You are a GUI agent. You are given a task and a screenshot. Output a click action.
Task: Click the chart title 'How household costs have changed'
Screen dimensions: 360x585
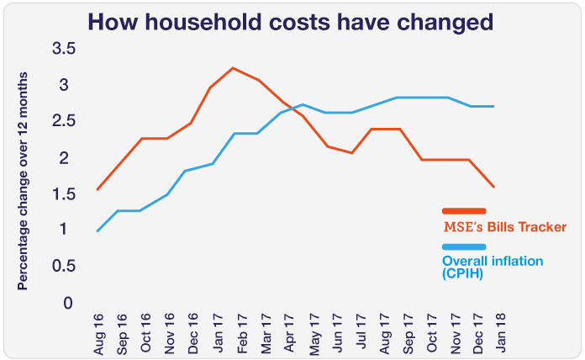(x=292, y=21)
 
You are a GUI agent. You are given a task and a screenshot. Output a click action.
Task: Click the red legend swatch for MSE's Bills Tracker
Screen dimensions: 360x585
(x=464, y=210)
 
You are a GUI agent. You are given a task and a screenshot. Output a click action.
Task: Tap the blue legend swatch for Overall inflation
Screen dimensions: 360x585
(x=464, y=246)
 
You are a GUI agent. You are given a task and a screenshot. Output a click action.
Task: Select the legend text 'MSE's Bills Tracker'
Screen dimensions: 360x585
(x=498, y=227)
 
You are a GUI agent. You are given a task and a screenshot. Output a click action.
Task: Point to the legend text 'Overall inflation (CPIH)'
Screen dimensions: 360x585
(x=492, y=267)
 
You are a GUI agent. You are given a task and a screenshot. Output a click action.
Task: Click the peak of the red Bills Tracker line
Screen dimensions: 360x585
(x=233, y=68)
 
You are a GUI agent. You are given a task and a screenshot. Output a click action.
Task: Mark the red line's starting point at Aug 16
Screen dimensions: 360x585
(x=97, y=190)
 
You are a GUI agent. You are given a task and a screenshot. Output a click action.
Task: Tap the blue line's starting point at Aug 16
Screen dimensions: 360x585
(x=97, y=230)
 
